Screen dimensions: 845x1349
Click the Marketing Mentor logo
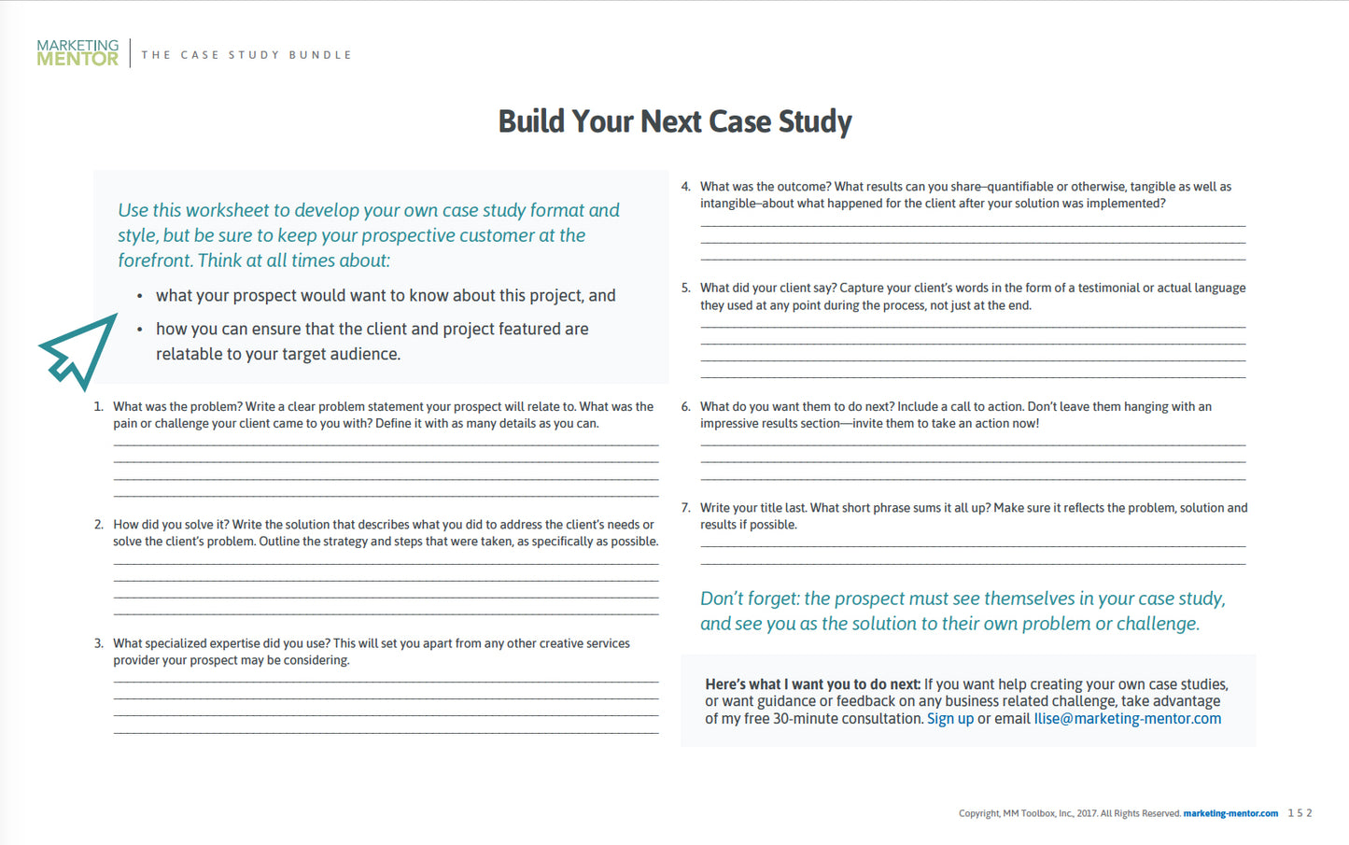(x=77, y=52)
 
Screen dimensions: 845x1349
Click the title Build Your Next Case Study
(x=674, y=121)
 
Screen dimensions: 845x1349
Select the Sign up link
(x=949, y=719)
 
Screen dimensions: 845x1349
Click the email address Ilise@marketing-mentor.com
(x=1127, y=719)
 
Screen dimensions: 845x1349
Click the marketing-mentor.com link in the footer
(x=1230, y=813)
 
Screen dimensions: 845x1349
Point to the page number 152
(x=1300, y=813)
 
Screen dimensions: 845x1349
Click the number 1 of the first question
(x=98, y=407)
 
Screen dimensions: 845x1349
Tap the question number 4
(x=685, y=187)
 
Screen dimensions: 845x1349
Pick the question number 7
(x=685, y=508)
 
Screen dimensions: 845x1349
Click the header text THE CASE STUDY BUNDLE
(x=246, y=55)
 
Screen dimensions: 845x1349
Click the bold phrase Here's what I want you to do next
(x=812, y=684)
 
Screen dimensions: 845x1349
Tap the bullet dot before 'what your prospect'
(x=140, y=297)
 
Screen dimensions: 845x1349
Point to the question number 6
(x=685, y=407)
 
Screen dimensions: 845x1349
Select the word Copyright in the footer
(x=978, y=814)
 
